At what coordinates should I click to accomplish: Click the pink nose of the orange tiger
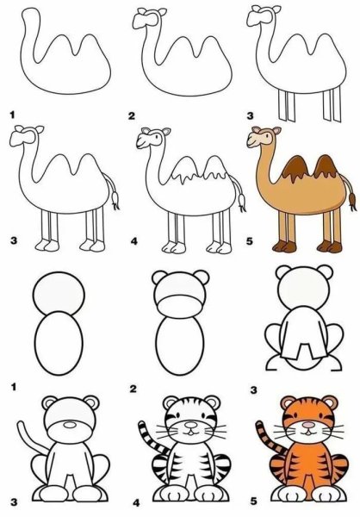[x=308, y=425]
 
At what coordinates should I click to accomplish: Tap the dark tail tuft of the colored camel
[x=352, y=201]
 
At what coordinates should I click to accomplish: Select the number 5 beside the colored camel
[x=250, y=241]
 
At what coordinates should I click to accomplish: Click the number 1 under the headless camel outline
[x=13, y=115]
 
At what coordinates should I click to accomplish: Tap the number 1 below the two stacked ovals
[x=14, y=387]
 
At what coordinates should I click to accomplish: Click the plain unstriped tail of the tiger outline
[x=31, y=437]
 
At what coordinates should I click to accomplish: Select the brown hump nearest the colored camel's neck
[x=295, y=169]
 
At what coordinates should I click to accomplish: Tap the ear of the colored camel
[x=276, y=130]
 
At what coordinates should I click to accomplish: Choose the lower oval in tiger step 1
[x=59, y=343]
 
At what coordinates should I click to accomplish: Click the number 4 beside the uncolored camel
[x=133, y=241]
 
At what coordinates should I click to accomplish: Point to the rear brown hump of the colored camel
[x=326, y=167]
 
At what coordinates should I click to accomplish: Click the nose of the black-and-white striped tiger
[x=190, y=425]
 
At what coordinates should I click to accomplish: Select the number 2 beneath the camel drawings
[x=132, y=115]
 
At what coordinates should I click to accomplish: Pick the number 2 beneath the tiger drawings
[x=133, y=389]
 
